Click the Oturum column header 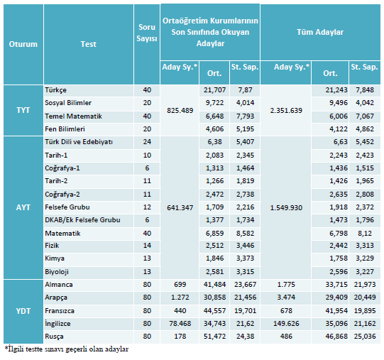[23, 44]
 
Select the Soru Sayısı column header [147, 33]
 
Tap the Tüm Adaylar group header [320, 32]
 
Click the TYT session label [23, 110]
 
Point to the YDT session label [23, 311]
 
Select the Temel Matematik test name [73, 116]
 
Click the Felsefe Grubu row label [67, 207]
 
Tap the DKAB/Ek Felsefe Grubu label [82, 220]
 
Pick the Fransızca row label [60, 311]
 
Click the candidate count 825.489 [180, 111]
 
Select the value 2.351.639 [286, 111]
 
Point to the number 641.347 [180, 208]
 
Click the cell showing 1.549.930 [286, 208]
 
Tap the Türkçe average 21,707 [214, 90]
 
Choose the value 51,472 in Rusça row [214, 337]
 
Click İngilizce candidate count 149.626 [286, 324]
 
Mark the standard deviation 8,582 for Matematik [245, 234]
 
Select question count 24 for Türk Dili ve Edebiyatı [147, 141]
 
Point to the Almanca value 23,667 [245, 285]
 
